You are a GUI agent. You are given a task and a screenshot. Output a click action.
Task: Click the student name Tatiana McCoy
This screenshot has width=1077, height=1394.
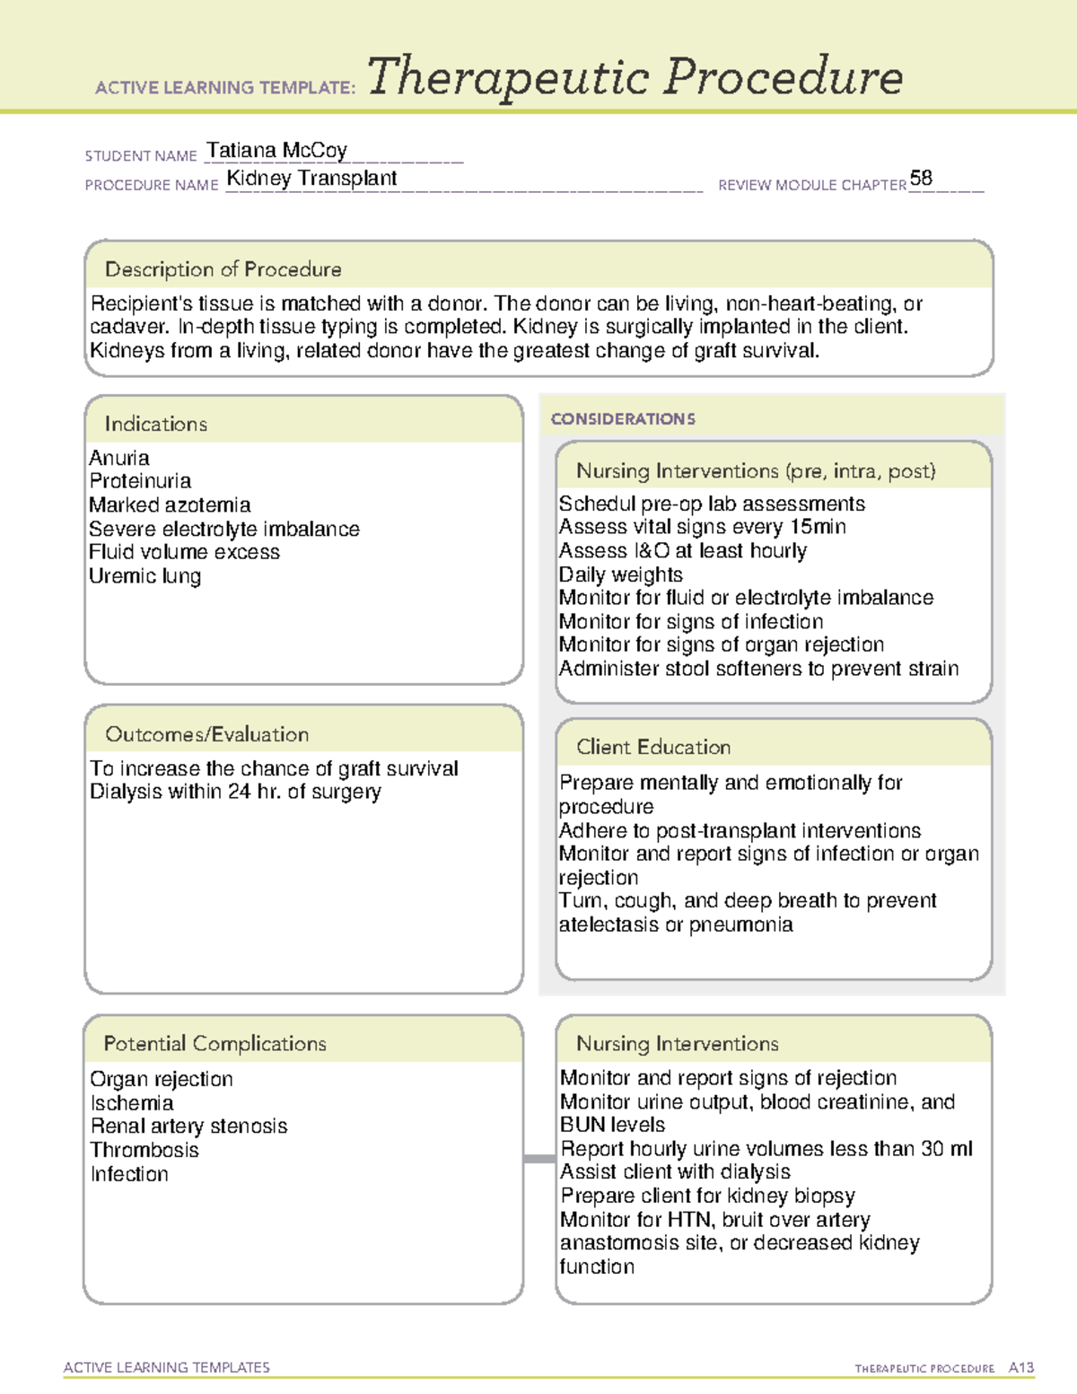[276, 150]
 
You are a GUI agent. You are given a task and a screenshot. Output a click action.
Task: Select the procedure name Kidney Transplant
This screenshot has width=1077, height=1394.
[311, 179]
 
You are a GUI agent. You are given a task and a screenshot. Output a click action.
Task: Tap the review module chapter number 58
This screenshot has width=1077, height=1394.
[921, 178]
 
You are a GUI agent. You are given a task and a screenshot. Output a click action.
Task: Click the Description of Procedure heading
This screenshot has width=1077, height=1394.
[223, 269]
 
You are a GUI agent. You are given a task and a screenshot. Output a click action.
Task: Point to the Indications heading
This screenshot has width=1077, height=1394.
[155, 424]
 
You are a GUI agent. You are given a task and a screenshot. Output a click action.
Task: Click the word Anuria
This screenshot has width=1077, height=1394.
[119, 458]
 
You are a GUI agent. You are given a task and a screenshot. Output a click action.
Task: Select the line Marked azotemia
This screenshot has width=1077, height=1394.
[170, 504]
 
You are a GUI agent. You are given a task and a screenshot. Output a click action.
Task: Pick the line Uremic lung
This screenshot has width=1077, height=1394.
[144, 575]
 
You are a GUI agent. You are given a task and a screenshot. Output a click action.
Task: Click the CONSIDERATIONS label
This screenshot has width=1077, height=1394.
[623, 419]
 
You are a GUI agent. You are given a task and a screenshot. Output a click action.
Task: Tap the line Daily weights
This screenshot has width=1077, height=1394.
[620, 574]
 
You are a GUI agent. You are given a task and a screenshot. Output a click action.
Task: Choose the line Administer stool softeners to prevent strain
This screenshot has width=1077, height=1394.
[758, 669]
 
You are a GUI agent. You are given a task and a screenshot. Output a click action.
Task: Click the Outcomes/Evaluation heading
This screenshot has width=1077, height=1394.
[206, 734]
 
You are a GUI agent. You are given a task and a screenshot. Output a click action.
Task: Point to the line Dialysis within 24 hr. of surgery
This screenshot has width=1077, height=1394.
[235, 792]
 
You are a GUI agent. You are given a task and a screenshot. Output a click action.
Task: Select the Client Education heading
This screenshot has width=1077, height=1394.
[652, 747]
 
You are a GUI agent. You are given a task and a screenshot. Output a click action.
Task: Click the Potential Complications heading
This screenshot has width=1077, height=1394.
[215, 1043]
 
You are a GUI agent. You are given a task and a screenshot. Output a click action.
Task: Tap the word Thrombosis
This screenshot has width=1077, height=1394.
[144, 1150]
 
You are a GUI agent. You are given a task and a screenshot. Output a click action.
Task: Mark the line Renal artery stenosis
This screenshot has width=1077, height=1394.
[188, 1126]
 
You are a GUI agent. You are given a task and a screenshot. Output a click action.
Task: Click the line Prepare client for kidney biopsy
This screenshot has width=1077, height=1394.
[707, 1196]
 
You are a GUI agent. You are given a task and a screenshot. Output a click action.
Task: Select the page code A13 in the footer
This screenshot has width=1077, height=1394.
[1020, 1368]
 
